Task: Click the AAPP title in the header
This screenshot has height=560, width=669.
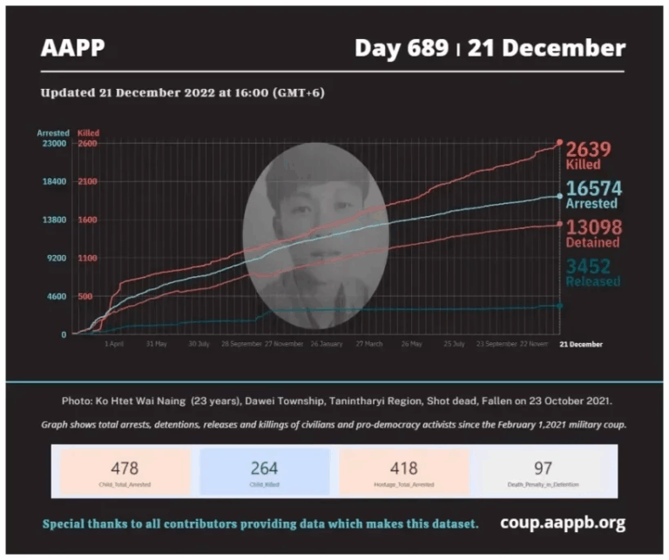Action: pyautogui.click(x=72, y=48)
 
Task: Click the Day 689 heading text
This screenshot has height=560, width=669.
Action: pyautogui.click(x=401, y=48)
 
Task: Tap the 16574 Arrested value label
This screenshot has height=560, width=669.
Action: pyautogui.click(x=592, y=194)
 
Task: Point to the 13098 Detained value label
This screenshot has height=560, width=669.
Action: pyautogui.click(x=592, y=233)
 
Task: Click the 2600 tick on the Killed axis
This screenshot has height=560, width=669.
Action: pyautogui.click(x=87, y=144)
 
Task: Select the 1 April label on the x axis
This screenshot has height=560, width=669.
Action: pyautogui.click(x=114, y=344)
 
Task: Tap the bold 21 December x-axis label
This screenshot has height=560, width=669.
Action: pyautogui.click(x=580, y=344)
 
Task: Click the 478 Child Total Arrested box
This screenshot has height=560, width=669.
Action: pyautogui.click(x=124, y=472)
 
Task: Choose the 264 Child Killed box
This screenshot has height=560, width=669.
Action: pyautogui.click(x=265, y=472)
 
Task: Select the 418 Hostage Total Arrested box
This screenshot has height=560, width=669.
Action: pyautogui.click(x=404, y=472)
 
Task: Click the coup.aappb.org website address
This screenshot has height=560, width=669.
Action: pyautogui.click(x=563, y=523)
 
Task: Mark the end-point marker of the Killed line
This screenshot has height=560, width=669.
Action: pyautogui.click(x=559, y=143)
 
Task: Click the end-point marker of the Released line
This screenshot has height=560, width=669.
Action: pyautogui.click(x=559, y=306)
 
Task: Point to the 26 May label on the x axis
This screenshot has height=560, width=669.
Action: pyautogui.click(x=411, y=344)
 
